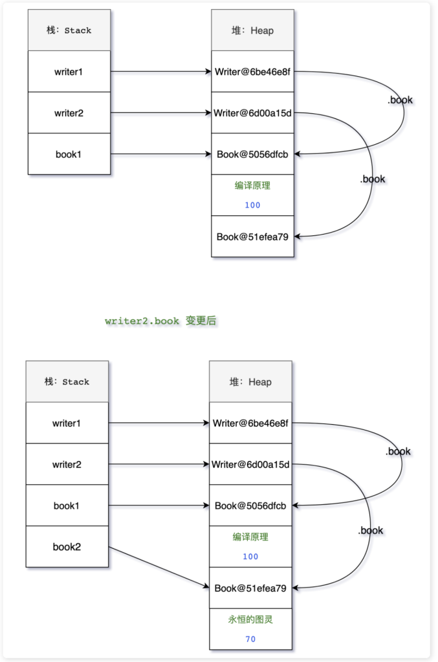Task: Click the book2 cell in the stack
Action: (x=67, y=547)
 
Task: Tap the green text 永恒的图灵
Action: (x=250, y=619)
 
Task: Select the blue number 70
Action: (x=250, y=639)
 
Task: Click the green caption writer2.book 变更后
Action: (x=160, y=321)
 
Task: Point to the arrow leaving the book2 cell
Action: (x=159, y=567)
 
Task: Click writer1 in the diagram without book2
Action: (x=69, y=72)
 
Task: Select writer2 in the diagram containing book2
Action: (x=67, y=464)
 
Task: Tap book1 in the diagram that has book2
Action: (x=67, y=506)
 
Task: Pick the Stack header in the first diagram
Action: (x=69, y=30)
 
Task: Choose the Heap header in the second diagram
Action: (x=250, y=381)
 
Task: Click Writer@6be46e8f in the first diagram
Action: (x=252, y=72)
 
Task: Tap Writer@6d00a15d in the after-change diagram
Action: (x=250, y=464)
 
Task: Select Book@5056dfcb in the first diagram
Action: (x=252, y=154)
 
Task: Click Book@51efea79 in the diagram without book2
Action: (x=252, y=237)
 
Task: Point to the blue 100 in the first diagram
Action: (x=252, y=205)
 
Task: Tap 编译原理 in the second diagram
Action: (x=250, y=537)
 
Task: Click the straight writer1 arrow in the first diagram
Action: (x=161, y=72)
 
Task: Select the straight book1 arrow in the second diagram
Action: (x=159, y=506)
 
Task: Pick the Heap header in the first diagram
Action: (x=252, y=30)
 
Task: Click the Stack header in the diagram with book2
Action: (x=67, y=381)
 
